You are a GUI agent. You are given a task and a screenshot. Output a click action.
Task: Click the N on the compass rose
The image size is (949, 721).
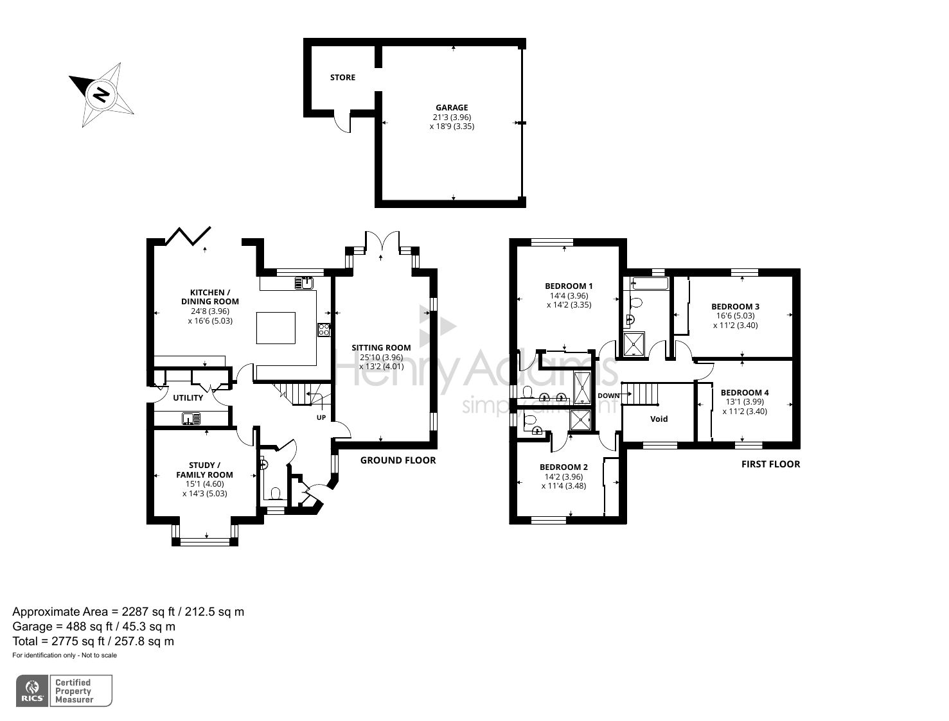(x=101, y=94)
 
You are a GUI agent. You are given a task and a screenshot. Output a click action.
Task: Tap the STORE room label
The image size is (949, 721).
(x=342, y=78)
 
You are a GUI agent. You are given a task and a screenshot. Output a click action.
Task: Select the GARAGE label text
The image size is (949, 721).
(x=452, y=108)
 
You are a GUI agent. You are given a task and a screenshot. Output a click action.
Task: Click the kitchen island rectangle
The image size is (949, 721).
(x=276, y=327)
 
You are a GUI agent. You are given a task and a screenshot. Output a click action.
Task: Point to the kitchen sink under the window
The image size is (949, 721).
(x=304, y=282)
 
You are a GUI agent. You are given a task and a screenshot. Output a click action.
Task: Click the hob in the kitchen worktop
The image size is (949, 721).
(x=324, y=330)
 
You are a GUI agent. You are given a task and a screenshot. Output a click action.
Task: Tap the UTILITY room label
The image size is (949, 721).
(x=188, y=398)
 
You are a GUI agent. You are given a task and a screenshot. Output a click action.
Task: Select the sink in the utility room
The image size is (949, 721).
(x=191, y=419)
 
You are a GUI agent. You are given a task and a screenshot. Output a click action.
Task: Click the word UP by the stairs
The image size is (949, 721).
(x=321, y=418)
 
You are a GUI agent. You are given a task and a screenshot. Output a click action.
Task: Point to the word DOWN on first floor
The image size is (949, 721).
(x=608, y=395)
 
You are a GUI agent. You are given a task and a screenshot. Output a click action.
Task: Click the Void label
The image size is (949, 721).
(x=659, y=419)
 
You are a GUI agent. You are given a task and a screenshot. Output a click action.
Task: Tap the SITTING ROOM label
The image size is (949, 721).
(x=381, y=348)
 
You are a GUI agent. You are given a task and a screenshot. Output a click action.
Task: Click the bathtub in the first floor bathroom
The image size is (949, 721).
(x=650, y=282)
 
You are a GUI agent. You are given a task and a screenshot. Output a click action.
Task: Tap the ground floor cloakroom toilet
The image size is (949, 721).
(x=276, y=493)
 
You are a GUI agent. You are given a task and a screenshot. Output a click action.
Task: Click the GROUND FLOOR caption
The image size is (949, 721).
(x=398, y=460)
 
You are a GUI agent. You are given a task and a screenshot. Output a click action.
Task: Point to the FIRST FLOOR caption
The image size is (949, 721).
(x=770, y=464)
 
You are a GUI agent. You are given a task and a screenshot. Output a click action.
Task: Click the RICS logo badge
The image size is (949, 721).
(x=32, y=691)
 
